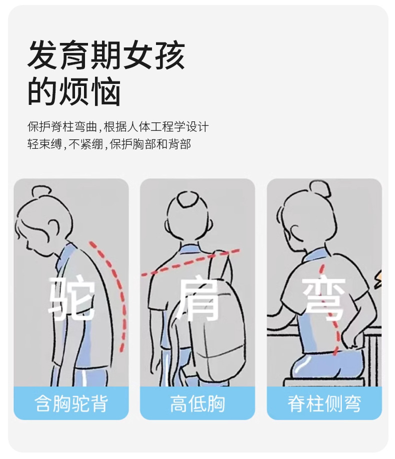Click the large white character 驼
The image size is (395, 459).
pyautogui.click(x=72, y=298)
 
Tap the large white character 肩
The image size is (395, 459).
pyautogui.click(x=198, y=299)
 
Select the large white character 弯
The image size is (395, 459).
pyautogui.click(x=324, y=298)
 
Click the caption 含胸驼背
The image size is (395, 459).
pyautogui.click(x=71, y=404)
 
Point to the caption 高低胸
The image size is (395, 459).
pyautogui.click(x=197, y=404)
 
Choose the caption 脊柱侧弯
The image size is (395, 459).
pyautogui.click(x=324, y=404)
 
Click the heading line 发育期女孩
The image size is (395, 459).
pyautogui.click(x=106, y=55)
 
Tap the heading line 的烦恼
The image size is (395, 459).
pyautogui.click(x=74, y=91)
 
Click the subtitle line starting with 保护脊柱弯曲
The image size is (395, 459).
pyautogui.click(x=118, y=127)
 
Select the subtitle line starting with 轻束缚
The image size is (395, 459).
pyautogui.click(x=109, y=144)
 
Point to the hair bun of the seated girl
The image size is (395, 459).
pyautogui.click(x=319, y=188)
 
